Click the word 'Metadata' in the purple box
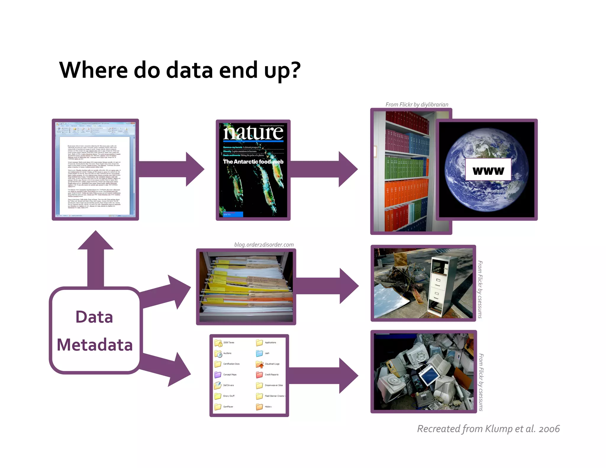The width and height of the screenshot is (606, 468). [95, 345]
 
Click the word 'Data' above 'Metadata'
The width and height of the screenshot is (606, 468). [94, 317]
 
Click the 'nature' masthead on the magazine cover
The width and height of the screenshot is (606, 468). [253, 133]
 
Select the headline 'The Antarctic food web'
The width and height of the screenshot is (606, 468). [253, 162]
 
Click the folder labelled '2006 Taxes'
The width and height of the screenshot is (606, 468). [219, 343]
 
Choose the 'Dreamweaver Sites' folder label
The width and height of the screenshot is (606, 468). [274, 385]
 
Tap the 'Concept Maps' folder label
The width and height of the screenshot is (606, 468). [230, 375]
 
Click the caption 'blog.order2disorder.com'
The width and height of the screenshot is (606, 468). [264, 245]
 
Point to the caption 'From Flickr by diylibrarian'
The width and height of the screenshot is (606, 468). [417, 104]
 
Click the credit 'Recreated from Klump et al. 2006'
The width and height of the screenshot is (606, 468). [488, 429]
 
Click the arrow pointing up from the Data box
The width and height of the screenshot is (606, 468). [96, 257]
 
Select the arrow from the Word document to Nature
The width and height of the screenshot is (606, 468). [172, 169]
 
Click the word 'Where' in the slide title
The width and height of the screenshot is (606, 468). [94, 70]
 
